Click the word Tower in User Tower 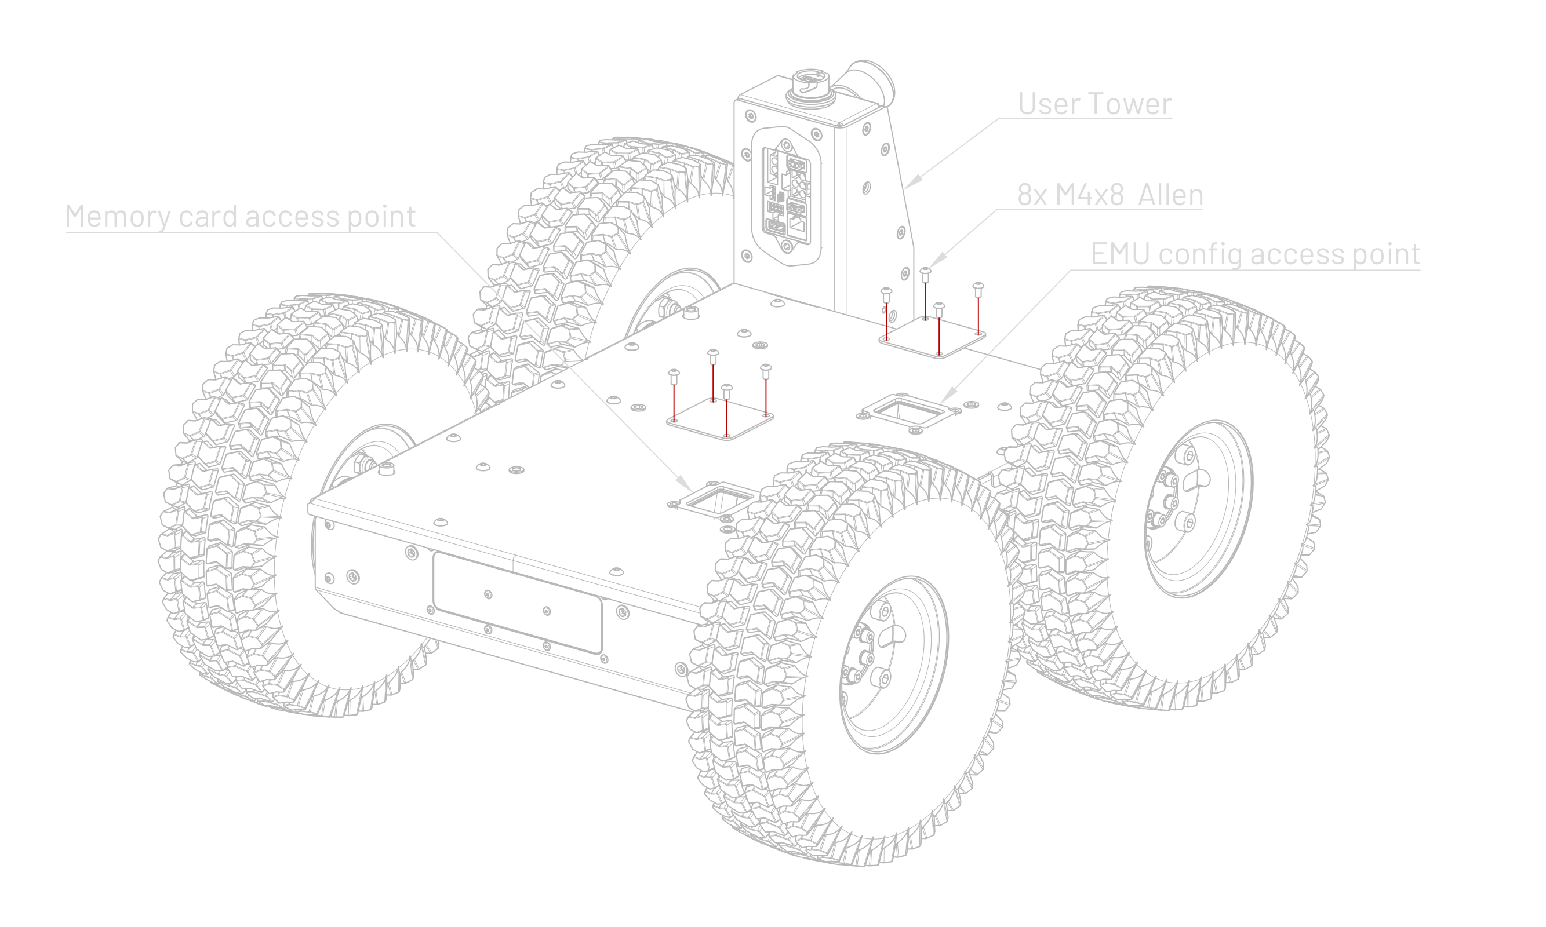coord(1130,104)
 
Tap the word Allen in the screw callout coord(1170,195)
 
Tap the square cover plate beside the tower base coord(932,337)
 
